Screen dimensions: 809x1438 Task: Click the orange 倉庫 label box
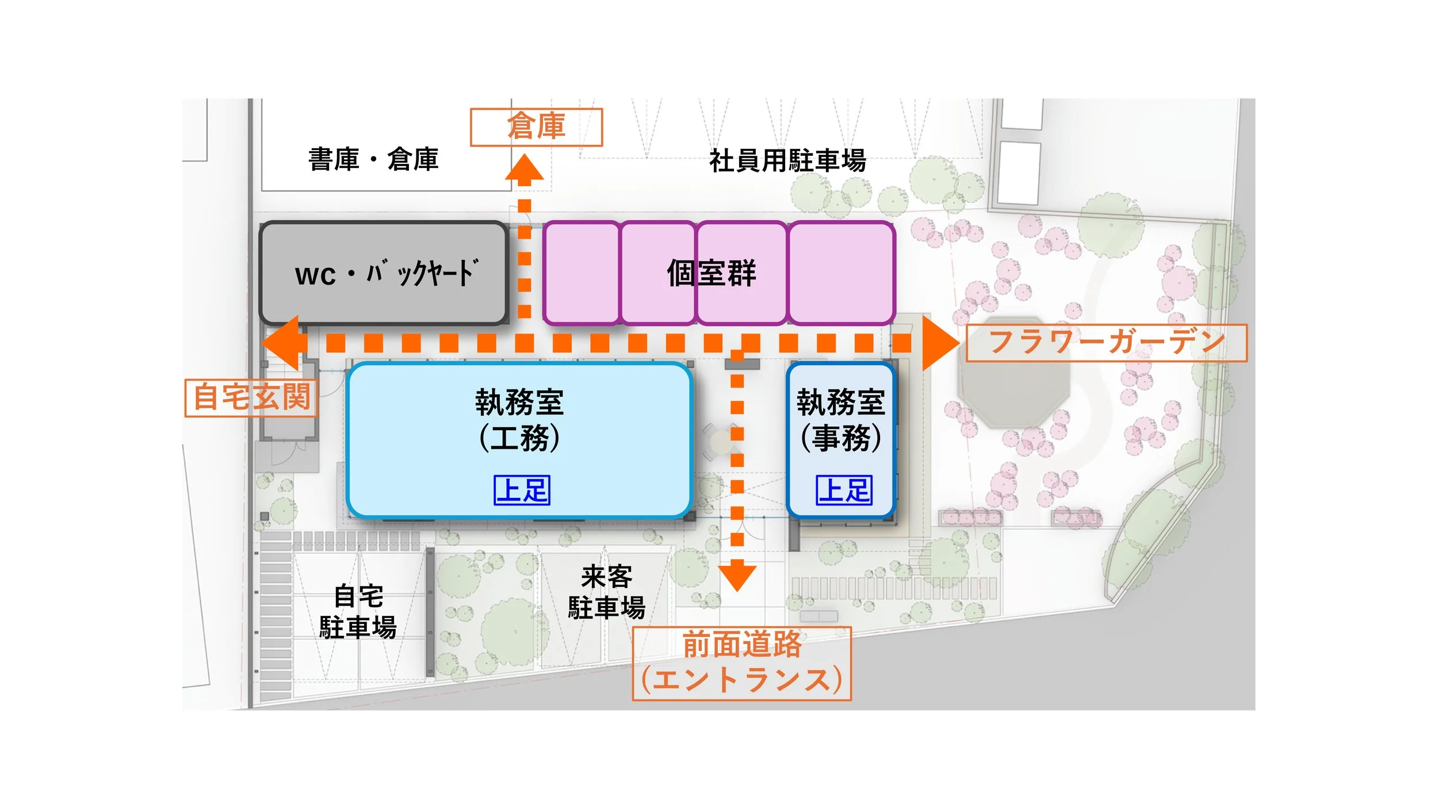(x=536, y=127)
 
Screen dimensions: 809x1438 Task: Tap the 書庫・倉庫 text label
(x=373, y=159)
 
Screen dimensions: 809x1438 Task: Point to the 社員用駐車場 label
(x=787, y=160)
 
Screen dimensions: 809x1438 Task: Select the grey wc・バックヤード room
(x=384, y=273)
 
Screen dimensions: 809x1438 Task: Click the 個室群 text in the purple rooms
(x=711, y=273)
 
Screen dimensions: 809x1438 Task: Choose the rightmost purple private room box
(x=842, y=273)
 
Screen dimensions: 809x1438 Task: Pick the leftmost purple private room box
(x=582, y=273)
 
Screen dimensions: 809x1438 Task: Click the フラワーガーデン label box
(x=1106, y=343)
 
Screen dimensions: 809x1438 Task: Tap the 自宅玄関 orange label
(x=251, y=397)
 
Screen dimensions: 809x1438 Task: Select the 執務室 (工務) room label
(x=519, y=420)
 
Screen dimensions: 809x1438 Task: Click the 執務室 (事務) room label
(x=840, y=420)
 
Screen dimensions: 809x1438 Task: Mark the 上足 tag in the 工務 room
(x=522, y=490)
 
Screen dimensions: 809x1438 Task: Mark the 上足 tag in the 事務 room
(x=844, y=490)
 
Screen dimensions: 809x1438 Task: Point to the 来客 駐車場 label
(x=606, y=592)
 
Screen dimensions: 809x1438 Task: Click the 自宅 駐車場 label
(x=358, y=612)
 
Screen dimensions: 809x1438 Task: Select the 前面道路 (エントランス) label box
(x=741, y=664)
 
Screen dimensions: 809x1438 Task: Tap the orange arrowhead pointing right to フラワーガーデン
(x=939, y=343)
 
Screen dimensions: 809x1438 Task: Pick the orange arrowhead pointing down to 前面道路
(x=737, y=576)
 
